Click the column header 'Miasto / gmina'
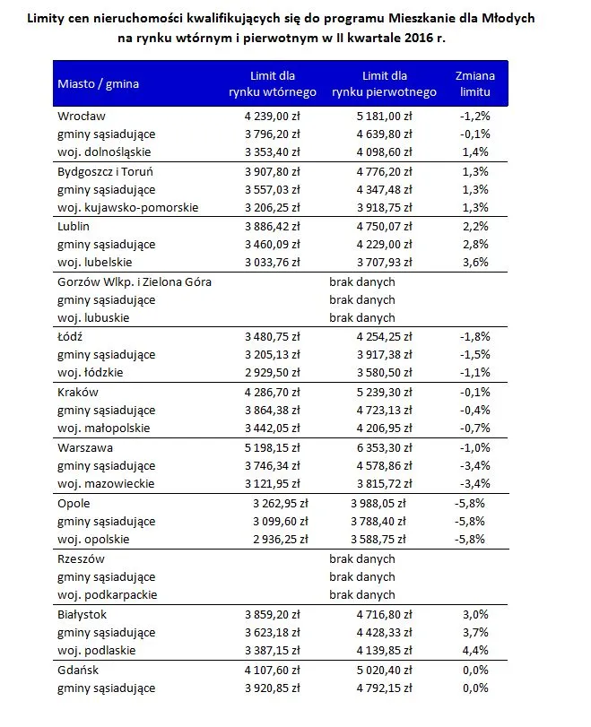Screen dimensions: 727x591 tap(99, 84)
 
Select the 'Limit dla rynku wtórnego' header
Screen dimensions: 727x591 tap(273, 84)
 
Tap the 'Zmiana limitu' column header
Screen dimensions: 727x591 tap(475, 84)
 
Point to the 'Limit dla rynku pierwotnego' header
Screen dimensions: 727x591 tap(384, 84)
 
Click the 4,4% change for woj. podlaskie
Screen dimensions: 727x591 tap(475, 651)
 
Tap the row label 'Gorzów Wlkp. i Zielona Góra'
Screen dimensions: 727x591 tap(135, 281)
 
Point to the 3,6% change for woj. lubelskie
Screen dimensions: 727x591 tap(475, 262)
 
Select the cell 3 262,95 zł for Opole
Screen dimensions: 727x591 tap(276, 503)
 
